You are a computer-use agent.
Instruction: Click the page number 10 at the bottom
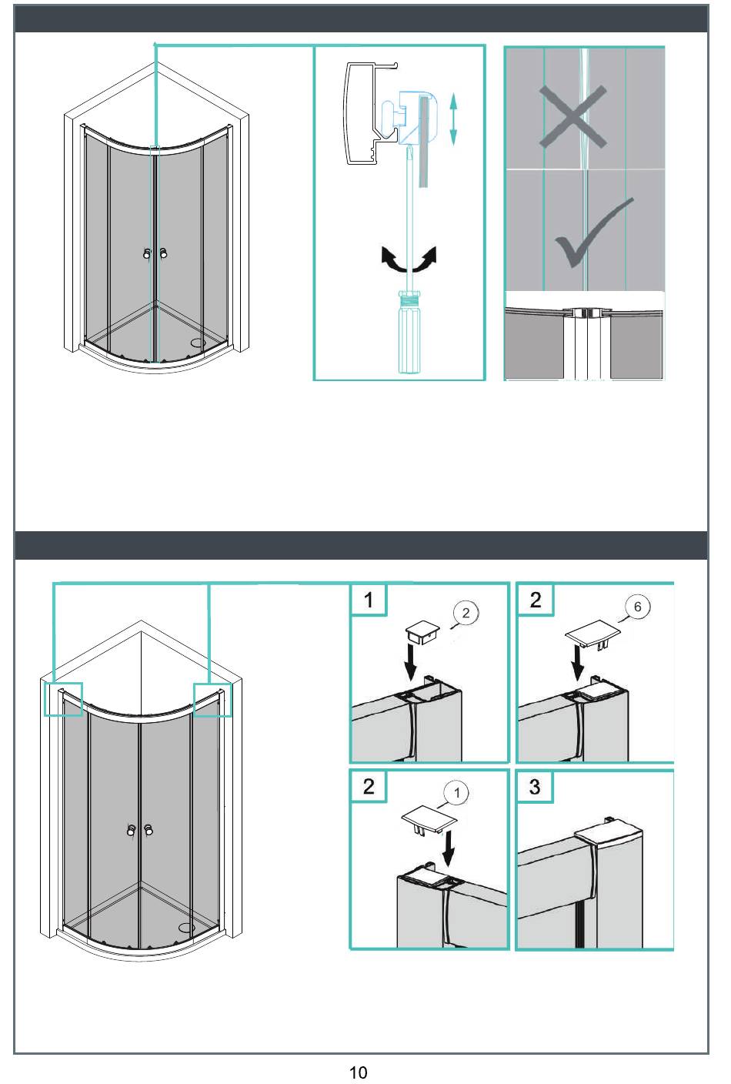pos(358,1072)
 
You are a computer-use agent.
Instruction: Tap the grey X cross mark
pos(572,116)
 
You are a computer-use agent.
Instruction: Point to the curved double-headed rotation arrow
pos(409,260)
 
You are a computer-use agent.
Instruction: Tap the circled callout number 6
pos(637,607)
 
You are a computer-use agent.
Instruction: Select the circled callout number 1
pos(456,792)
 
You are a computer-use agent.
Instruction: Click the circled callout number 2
pos(466,613)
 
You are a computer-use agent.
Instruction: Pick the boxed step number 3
pos(535,787)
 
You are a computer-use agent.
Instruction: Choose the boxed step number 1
pos(369,600)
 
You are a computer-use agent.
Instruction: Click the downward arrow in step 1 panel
pos(412,661)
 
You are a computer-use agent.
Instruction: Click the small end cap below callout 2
pos(422,632)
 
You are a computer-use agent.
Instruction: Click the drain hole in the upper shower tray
pos(199,343)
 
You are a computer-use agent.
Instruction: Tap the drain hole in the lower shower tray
pos(185,928)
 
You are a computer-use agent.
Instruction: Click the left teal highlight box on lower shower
pos(63,699)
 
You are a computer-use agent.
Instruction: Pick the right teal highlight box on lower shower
pos(212,699)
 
